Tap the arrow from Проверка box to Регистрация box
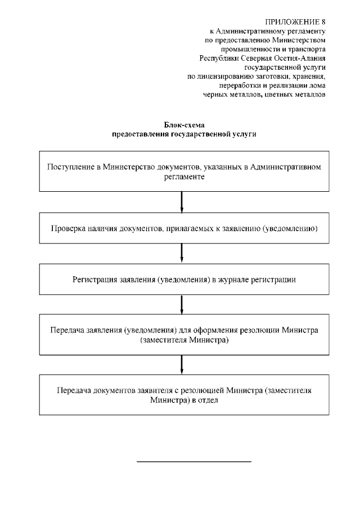[182, 254]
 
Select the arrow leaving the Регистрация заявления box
[182, 304]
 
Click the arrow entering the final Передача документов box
[182, 365]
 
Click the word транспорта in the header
[307, 49]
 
